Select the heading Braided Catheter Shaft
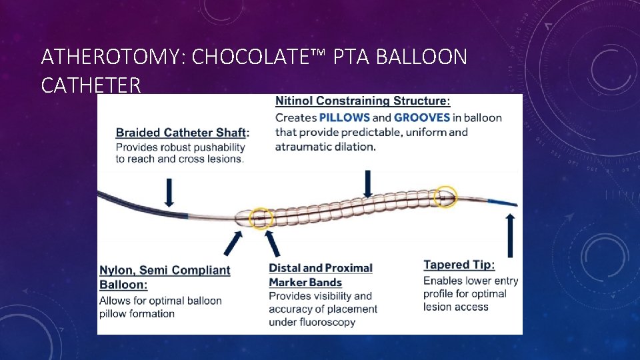click(181, 133)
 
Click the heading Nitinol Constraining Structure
click(362, 101)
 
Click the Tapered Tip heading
click(459, 265)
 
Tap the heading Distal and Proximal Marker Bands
click(320, 275)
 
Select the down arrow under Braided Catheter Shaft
click(169, 191)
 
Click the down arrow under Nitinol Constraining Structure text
click(367, 183)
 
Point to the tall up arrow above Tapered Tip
click(511, 235)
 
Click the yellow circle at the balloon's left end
click(261, 217)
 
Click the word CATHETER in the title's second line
click(91, 85)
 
